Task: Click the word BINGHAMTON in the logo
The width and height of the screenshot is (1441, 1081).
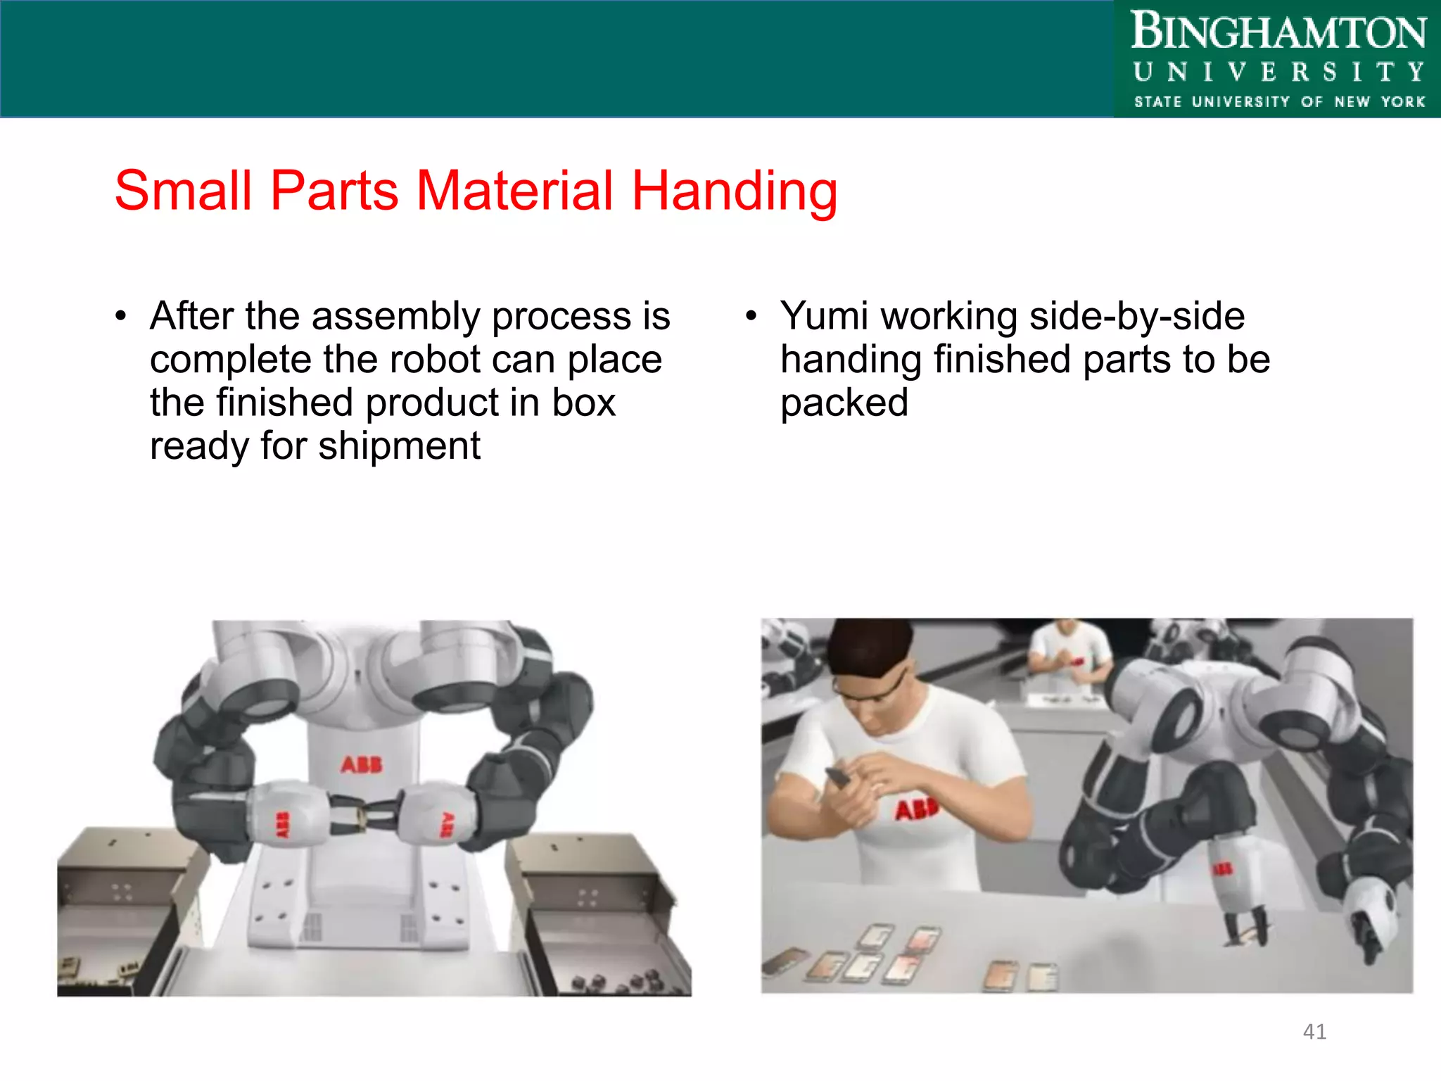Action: [1278, 32]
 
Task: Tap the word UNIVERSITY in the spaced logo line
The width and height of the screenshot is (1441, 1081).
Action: [1278, 72]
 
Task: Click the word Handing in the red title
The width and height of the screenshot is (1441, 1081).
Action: [734, 191]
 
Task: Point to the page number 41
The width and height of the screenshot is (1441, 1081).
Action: [1314, 1032]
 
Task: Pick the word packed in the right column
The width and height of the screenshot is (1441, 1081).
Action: [844, 403]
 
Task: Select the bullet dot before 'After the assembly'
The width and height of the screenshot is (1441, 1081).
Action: [121, 317]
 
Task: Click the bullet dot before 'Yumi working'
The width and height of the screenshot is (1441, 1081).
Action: [751, 317]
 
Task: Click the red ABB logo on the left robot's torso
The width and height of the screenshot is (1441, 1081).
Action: [362, 765]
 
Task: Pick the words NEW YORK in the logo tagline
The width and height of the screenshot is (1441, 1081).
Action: [1379, 102]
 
